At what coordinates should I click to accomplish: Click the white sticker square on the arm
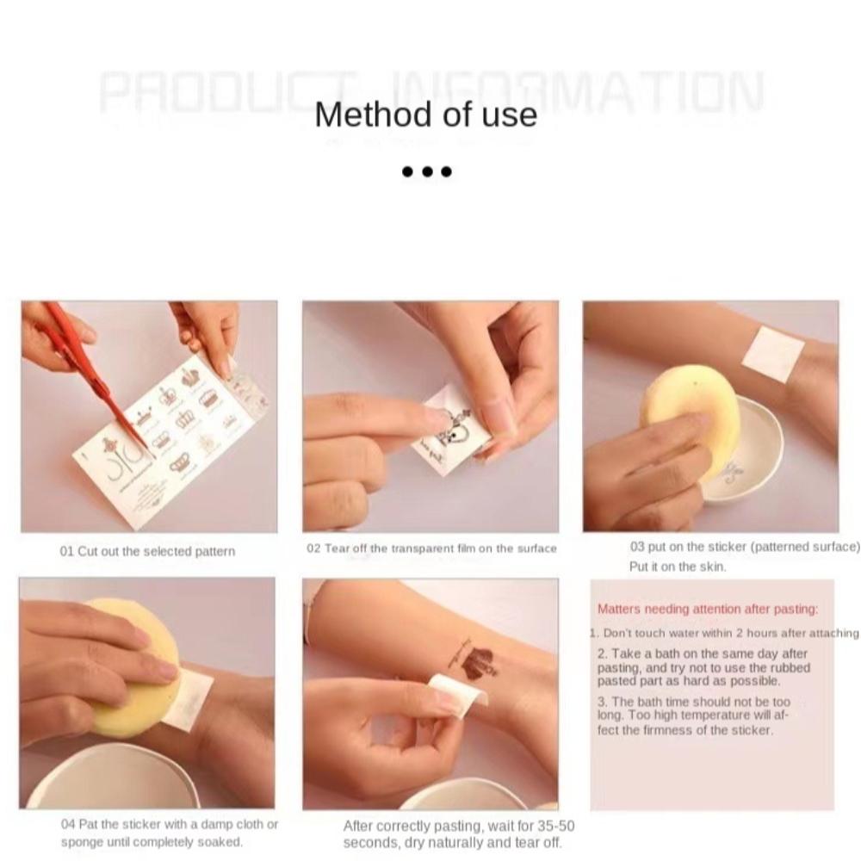coord(772,354)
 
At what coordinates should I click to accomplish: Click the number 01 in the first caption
coord(67,551)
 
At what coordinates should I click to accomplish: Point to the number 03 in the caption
coord(637,546)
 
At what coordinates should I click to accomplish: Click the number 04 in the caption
coord(68,824)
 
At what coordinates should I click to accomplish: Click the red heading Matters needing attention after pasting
coord(707,610)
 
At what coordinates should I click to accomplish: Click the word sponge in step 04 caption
coord(81,842)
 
